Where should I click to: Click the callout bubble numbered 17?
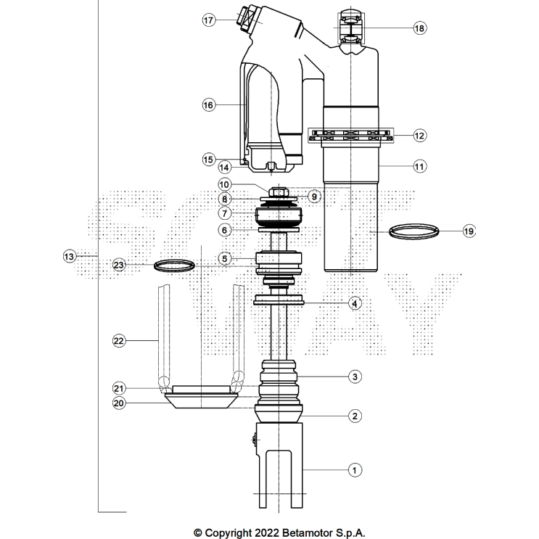pos(209,20)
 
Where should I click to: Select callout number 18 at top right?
pos(419,28)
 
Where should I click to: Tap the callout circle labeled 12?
pos(419,135)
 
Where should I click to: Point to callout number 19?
pos(468,231)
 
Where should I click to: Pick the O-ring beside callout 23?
pos(176,265)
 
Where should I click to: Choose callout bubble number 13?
pos(69,256)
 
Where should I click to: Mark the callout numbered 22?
pos(119,340)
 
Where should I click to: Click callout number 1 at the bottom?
pos(355,470)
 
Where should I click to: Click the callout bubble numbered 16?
pos(209,105)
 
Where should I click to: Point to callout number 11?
pos(419,166)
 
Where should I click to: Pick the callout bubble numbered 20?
pos(119,403)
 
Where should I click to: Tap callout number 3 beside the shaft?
pos(355,377)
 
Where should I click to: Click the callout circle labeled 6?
pos(225,230)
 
